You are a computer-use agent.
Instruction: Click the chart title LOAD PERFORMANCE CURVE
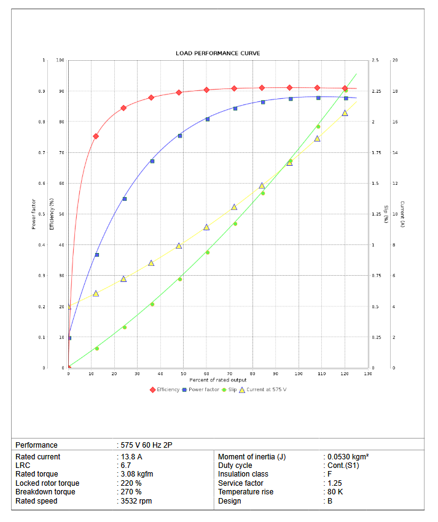pyautogui.click(x=218, y=53)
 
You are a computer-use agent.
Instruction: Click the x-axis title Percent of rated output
pyautogui.click(x=218, y=380)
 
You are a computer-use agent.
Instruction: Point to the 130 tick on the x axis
pyautogui.click(x=367, y=373)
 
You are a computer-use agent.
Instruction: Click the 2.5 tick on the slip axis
pyautogui.click(x=375, y=60)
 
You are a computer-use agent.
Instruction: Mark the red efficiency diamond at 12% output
pyautogui.click(x=96, y=136)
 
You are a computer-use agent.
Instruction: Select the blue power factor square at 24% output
pyautogui.click(x=124, y=199)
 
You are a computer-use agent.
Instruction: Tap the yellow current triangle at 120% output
pyautogui.click(x=345, y=113)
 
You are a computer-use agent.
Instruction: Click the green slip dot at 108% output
pyautogui.click(x=318, y=127)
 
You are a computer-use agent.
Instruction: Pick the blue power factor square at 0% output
pyautogui.click(x=69, y=338)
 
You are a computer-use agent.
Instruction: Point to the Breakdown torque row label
pyautogui.click(x=45, y=492)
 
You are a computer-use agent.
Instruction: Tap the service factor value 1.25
pyautogui.click(x=334, y=483)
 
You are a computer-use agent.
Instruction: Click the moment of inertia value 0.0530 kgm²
pyautogui.click(x=348, y=457)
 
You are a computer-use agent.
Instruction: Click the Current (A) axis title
pyautogui.click(x=402, y=214)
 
